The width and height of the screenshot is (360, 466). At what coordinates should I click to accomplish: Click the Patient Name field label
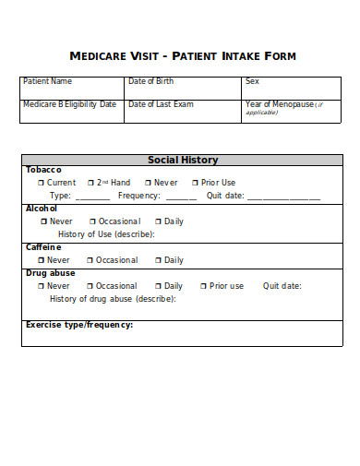coord(47,81)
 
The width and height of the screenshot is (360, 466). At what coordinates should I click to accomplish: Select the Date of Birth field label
coord(151,81)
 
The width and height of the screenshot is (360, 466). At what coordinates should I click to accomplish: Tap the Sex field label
coord(252,81)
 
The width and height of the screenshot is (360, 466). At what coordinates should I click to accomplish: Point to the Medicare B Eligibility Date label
coord(70,104)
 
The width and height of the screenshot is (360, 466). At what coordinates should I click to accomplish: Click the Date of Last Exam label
coord(161,104)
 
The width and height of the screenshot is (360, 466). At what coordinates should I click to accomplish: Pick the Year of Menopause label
coord(281,104)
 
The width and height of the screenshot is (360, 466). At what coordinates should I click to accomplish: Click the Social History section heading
coord(183,160)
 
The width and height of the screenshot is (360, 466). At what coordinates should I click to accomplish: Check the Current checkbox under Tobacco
coord(41,183)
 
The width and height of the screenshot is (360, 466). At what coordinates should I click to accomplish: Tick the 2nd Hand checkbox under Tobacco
coord(90,183)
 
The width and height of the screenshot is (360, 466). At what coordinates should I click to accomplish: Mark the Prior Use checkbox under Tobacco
coord(195,183)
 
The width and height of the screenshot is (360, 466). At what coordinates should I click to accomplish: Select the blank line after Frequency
coord(180,197)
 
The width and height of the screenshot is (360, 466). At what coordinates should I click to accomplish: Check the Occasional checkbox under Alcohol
coord(92,221)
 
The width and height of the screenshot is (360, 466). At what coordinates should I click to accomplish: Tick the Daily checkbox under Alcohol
coord(158,221)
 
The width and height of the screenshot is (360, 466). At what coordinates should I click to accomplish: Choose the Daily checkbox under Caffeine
coord(158,260)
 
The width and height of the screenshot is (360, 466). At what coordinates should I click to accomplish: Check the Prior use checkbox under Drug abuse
coord(203,286)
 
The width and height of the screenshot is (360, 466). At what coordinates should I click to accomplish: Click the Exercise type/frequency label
coord(79,325)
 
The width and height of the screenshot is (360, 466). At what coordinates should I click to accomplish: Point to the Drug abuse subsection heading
coord(51,273)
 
